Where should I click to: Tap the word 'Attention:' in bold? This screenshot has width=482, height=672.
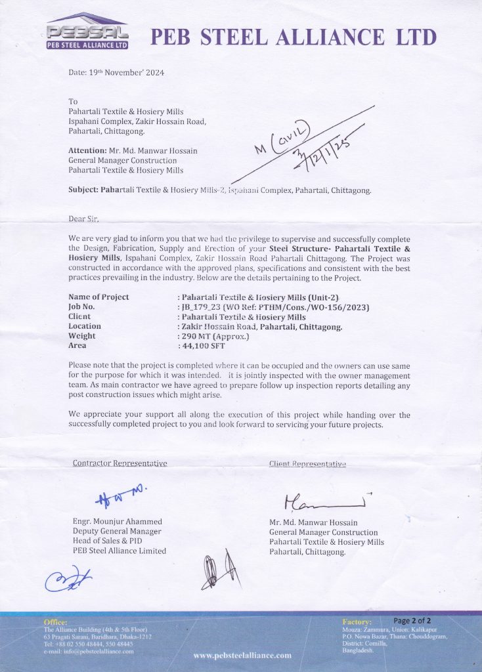coord(87,150)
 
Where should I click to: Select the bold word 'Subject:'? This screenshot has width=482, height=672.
coord(83,190)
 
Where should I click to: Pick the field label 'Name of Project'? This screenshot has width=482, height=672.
coord(99,297)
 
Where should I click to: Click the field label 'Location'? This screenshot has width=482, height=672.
coord(85,326)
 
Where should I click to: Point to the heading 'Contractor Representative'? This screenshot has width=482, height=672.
coord(120,463)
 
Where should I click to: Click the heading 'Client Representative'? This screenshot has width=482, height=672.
coord(307,463)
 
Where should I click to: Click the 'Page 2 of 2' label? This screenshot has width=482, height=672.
coord(412,621)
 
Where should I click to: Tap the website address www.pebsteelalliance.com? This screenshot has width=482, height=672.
coord(242,655)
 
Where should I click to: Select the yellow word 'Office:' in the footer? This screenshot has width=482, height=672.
coord(55,621)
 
